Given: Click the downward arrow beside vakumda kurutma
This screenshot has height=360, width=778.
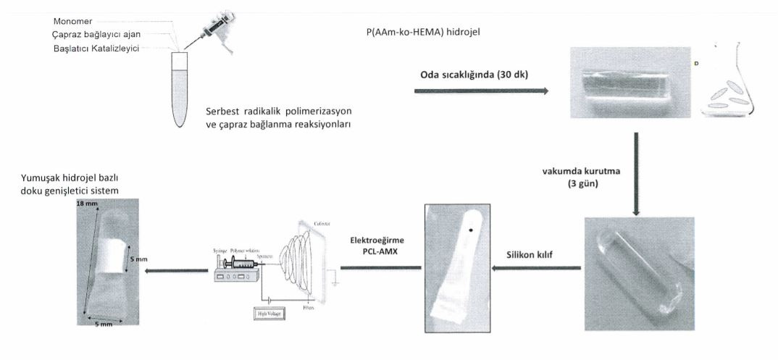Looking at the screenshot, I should coord(635,173).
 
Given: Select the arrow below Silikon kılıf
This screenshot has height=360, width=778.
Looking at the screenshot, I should coord(537,269).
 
